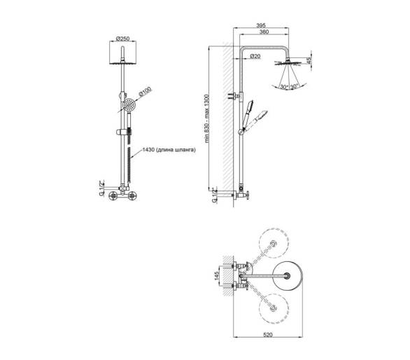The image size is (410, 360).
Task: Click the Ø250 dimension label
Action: click(122, 39)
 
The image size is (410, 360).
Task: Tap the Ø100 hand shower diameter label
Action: click(145, 92)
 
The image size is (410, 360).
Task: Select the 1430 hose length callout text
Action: click(169, 150)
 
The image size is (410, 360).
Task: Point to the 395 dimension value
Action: click(261, 25)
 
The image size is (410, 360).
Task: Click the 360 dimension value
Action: click(264, 32)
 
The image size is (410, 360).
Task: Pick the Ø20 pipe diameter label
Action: click(255, 56)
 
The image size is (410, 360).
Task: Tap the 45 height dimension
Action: click(309, 60)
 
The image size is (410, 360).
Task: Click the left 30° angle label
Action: click(284, 87)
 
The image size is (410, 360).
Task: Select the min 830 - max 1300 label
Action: click(207, 118)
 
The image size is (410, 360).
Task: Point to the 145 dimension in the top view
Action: click(216, 276)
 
